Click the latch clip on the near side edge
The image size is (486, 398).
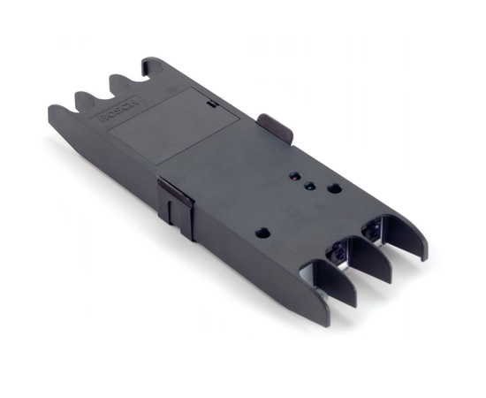(x=176, y=203)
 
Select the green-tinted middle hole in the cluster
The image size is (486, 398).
(x=309, y=186)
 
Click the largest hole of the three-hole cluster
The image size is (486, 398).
(x=333, y=188)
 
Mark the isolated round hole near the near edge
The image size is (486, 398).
(x=262, y=233)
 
